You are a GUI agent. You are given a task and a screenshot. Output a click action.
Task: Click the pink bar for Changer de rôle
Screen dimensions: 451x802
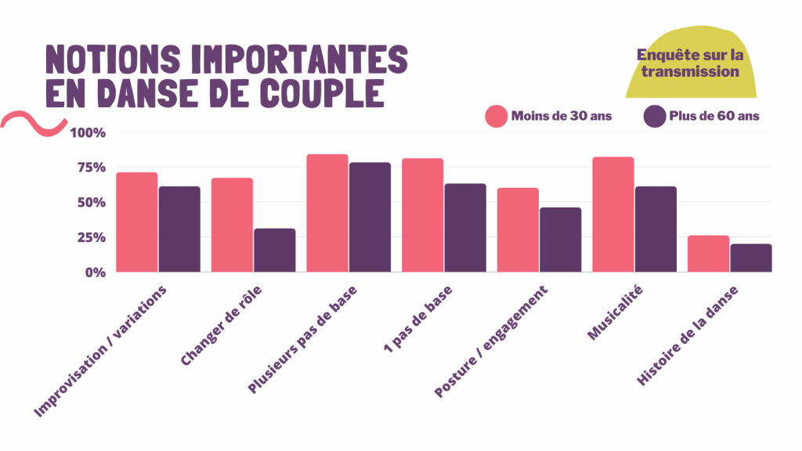pos(232,225)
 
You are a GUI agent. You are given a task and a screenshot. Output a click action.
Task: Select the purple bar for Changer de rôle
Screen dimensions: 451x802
pos(274,250)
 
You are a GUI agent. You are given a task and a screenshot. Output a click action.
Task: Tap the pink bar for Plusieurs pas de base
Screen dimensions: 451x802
pos(327,213)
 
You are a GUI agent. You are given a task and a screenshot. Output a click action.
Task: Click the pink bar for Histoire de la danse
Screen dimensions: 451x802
pos(708,254)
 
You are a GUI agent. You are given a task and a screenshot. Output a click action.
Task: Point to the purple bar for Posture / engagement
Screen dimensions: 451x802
pos(560,240)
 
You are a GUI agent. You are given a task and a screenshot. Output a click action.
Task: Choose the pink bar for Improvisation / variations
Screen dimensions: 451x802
pos(137,222)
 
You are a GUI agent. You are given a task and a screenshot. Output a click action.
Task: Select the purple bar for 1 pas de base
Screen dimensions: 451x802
pos(465,227)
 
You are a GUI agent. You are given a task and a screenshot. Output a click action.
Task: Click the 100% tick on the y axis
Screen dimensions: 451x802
pos(87,132)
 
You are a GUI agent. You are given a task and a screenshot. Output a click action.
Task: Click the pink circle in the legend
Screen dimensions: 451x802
pos(497,116)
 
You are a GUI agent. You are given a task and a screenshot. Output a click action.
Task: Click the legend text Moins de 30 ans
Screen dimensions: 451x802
pos(562,116)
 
